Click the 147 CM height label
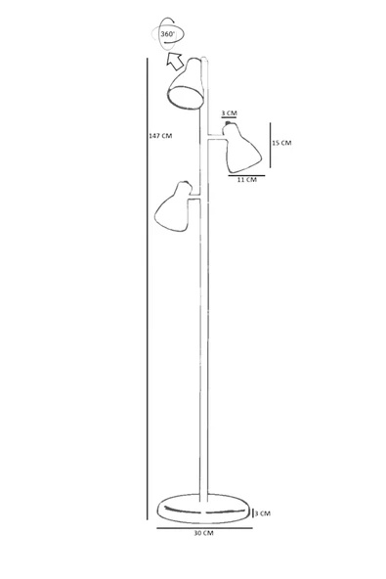click(x=160, y=136)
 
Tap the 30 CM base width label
click(x=203, y=533)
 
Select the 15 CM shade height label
click(x=281, y=143)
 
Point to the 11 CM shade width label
click(x=247, y=180)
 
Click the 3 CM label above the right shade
click(x=230, y=113)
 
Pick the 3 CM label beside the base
click(x=263, y=513)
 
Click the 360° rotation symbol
click(x=167, y=34)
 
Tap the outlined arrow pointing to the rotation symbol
click(x=174, y=61)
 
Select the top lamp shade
click(x=186, y=83)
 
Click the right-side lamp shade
click(x=241, y=149)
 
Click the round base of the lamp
click(x=204, y=509)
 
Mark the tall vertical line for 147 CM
click(x=148, y=289)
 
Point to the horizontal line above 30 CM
click(x=204, y=528)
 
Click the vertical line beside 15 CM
click(x=270, y=145)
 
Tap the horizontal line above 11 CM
click(x=246, y=175)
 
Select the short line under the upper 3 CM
click(x=229, y=117)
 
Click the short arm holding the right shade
click(x=215, y=137)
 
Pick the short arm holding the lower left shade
click(x=194, y=197)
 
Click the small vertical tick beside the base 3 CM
click(x=253, y=513)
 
